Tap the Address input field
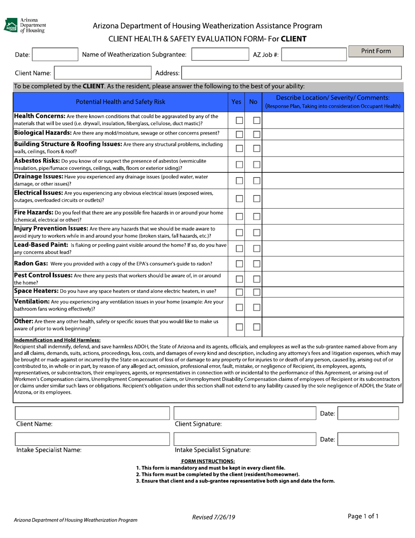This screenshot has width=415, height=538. coord(291,73)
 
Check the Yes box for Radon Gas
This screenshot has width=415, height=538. coord(239,264)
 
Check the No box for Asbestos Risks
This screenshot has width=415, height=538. coord(256,165)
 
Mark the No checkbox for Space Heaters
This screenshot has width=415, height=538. coord(256,292)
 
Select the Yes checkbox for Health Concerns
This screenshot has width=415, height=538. coord(239,120)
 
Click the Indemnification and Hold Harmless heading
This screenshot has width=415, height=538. coord(57,340)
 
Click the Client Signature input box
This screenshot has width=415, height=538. coord(245,413)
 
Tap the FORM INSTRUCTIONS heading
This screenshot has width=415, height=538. coord(208,461)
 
